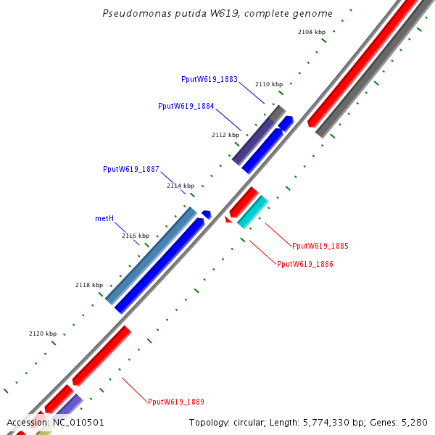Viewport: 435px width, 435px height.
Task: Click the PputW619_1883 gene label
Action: point(210,79)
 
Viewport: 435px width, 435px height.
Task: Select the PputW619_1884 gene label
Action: point(186,106)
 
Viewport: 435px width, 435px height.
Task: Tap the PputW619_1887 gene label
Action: point(131,169)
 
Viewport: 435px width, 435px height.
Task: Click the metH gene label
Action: point(104,217)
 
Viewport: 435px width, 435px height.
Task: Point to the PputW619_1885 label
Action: point(320,246)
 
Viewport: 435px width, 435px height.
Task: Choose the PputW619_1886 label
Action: point(305,264)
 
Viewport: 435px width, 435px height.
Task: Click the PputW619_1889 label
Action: point(176,402)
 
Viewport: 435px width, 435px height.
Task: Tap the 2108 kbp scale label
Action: point(312,32)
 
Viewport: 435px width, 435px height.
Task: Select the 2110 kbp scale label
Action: point(269,85)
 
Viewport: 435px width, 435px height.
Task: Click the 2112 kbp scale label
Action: point(225,135)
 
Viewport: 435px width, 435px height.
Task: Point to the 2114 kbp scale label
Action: point(181,186)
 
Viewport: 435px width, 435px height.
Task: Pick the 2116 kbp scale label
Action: point(136,236)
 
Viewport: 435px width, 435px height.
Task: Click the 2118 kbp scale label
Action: point(89,286)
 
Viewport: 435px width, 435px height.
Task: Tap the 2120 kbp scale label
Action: point(43,334)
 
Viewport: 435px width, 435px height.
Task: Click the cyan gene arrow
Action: point(253,212)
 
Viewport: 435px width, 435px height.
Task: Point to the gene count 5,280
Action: point(415,423)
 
